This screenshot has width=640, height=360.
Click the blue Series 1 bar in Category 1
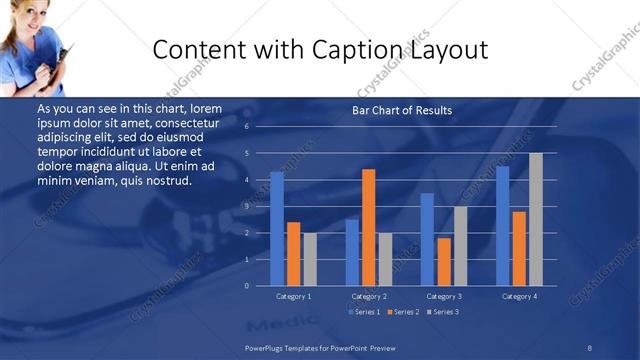(x=277, y=229)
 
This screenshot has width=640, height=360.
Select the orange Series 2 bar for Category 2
(x=369, y=227)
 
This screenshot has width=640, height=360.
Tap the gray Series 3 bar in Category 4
(x=536, y=219)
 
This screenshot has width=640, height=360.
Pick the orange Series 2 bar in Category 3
(x=444, y=262)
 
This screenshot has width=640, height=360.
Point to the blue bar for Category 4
(x=503, y=226)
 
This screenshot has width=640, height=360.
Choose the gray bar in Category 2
(x=385, y=259)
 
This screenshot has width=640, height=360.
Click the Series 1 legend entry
(x=363, y=312)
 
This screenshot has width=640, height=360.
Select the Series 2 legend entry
(x=402, y=312)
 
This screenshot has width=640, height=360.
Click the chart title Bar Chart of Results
(x=402, y=110)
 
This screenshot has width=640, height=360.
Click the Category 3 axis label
(x=444, y=297)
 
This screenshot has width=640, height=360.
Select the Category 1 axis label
(x=294, y=297)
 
